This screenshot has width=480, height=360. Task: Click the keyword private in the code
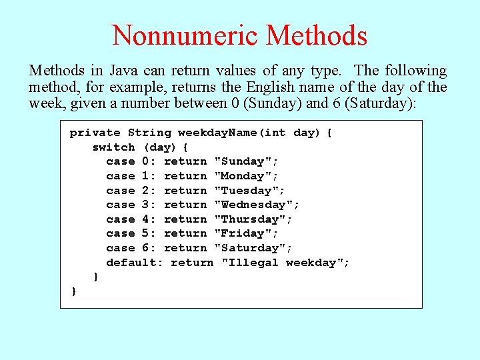pos(95,133)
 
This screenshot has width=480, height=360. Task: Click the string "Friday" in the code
pos(243,233)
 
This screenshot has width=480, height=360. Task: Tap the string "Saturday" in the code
pos(250,248)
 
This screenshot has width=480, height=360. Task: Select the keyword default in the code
pos(131,263)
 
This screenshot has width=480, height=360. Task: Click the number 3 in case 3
pos(145,205)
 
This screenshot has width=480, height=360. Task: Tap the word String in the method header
pos(149,133)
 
